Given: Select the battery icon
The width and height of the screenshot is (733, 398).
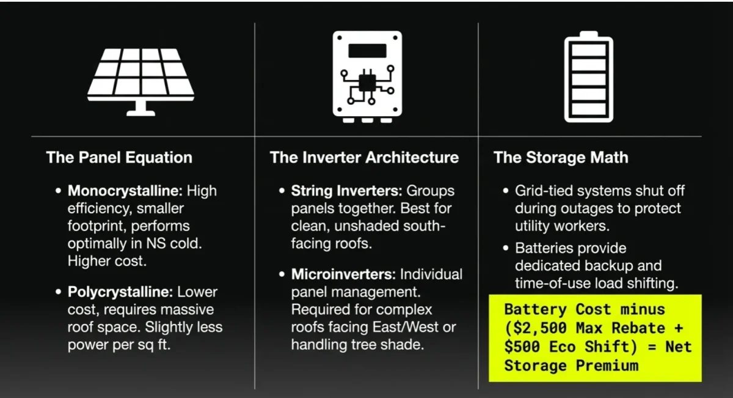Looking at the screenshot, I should tap(588, 76).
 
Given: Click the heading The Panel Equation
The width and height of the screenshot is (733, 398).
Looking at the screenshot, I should tap(119, 158).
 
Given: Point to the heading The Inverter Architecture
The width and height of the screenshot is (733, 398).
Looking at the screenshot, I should tap(364, 158).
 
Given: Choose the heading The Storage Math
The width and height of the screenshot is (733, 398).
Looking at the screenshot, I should tap(560, 158).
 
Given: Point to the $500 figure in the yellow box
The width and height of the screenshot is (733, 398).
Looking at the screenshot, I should tap(523, 347).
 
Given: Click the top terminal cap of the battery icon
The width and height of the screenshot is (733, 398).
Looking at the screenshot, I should tap(588, 34).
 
